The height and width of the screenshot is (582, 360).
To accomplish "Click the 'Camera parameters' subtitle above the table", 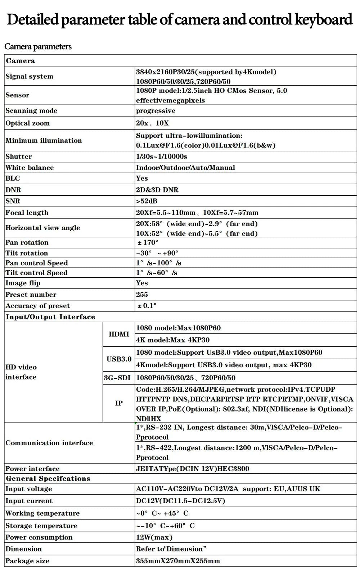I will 38,47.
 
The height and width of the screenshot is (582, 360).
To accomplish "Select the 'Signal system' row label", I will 29,76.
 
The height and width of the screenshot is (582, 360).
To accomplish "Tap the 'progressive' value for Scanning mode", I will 156,111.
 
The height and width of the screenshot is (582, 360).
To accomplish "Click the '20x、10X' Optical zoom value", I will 152,123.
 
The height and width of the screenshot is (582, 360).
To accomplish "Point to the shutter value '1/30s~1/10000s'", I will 161,156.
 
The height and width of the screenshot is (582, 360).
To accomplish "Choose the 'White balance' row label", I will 30,168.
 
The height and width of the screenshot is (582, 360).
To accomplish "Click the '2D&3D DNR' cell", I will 157,190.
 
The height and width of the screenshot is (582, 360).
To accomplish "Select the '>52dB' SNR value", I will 147,201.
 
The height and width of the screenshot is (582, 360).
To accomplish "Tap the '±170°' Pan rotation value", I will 148,242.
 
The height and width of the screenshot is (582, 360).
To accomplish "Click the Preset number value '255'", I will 142,295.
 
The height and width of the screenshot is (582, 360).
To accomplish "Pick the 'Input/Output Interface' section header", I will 50,317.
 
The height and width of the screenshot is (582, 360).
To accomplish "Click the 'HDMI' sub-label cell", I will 119,334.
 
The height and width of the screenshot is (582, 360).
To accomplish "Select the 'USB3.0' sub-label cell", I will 119,359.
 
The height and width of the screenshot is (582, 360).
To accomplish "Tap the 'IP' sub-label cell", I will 119,403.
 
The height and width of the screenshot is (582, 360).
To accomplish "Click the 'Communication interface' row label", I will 49,443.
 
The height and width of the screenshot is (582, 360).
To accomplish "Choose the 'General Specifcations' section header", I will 48,478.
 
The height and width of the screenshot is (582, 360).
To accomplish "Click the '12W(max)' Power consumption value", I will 154,537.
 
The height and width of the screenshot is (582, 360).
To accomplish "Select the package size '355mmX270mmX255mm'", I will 178,561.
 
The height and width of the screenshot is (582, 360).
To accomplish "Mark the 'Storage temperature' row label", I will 41,526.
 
